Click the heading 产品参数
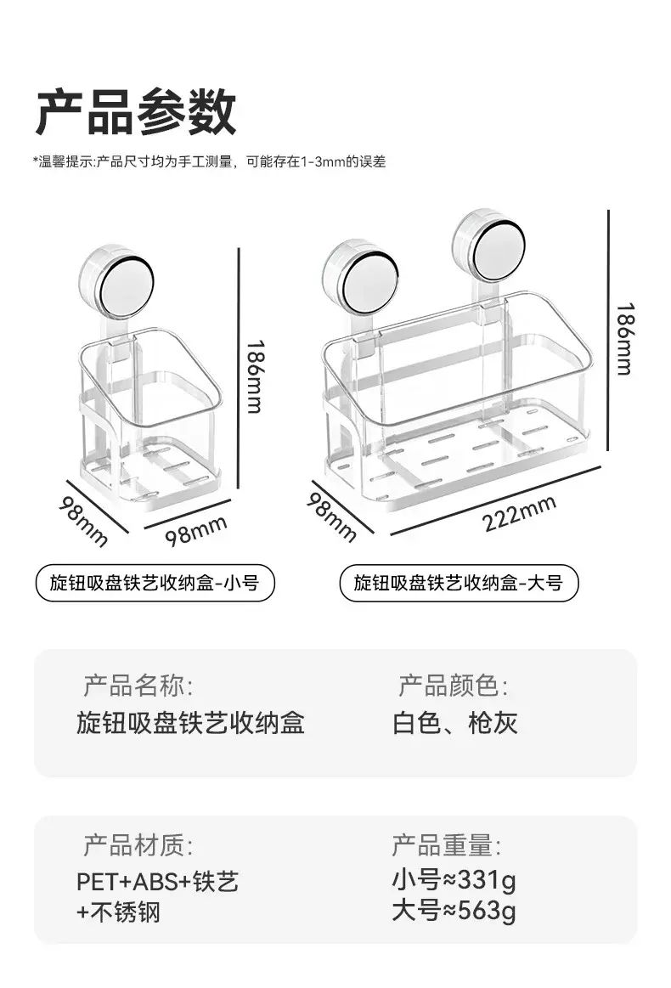point(135,111)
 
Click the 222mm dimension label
point(519,513)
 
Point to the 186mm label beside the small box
point(254,376)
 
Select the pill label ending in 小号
point(155,583)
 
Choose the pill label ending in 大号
point(458,583)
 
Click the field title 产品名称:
point(138,686)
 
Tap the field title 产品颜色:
point(453,686)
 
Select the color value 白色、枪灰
point(455,723)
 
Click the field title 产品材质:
point(138,845)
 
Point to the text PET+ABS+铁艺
point(157,882)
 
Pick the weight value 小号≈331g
point(454,879)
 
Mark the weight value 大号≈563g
point(454,911)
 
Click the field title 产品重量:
point(446,845)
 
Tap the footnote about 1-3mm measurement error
point(209,162)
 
